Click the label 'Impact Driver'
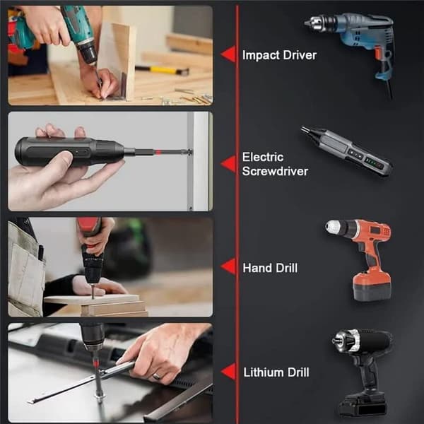pos(279,55)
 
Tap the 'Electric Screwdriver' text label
pos(275,164)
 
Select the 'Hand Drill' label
pos(270,268)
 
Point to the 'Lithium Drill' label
pos(276,372)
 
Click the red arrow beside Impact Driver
pos(228,54)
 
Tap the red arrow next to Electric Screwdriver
pos(228,164)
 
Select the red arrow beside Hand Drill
pos(228,266)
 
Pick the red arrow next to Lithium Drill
pos(228,372)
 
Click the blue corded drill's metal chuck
pos(320,23)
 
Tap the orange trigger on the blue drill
pos(378,52)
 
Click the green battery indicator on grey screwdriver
pos(373,163)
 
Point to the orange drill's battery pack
pos(372,286)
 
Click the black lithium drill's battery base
pos(362,404)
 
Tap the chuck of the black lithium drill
pos(346,341)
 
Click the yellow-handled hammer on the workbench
pos(162,70)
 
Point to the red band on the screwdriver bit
pos(158,152)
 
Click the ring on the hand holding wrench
pos(157,376)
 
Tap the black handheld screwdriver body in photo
pos(69,151)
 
